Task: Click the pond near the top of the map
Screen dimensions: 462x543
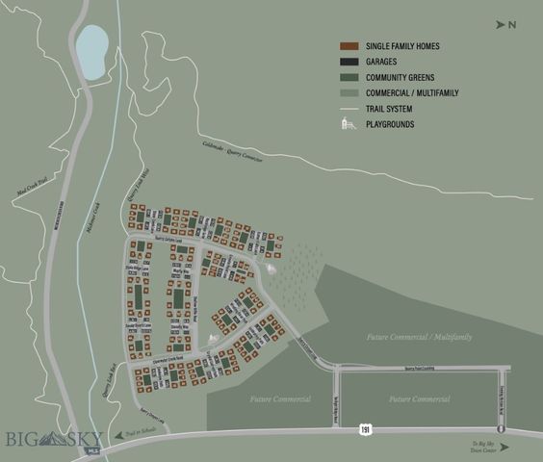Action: click(92, 51)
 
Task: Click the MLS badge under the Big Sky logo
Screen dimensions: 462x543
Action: click(92, 450)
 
